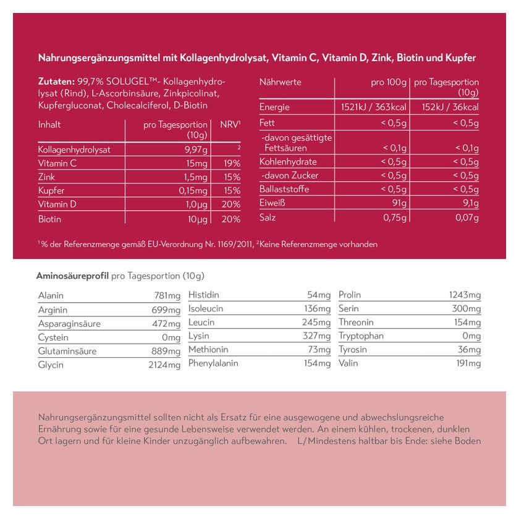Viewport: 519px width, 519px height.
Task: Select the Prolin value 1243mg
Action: [465, 295]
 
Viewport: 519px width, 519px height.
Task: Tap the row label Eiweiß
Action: [272, 203]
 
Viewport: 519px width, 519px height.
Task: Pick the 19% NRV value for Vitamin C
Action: [232, 163]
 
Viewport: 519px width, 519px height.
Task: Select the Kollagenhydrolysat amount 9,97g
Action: [195, 150]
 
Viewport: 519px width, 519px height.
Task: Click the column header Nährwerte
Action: [280, 82]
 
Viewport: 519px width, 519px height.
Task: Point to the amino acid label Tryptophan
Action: [361, 336]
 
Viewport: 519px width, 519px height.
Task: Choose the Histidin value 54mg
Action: [319, 295]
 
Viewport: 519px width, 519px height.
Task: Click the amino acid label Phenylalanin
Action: [213, 363]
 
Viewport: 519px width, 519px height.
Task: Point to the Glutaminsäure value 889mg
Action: [166, 352]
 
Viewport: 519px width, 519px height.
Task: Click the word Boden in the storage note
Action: [466, 441]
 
